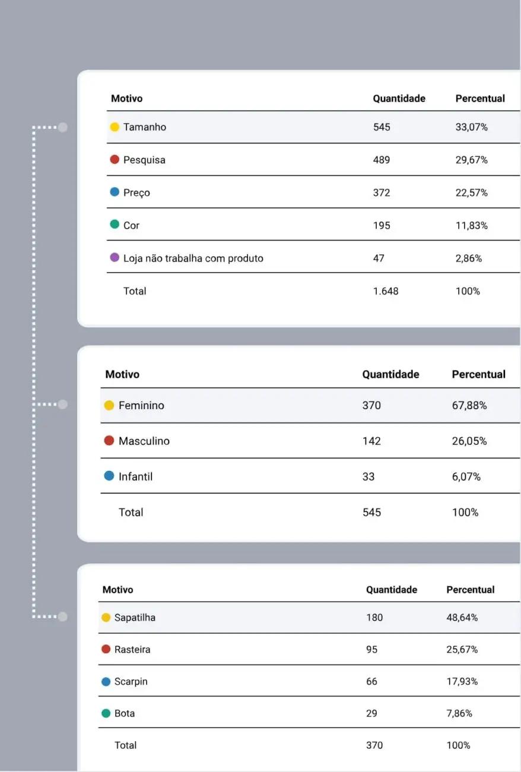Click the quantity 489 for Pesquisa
(x=382, y=160)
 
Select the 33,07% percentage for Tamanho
(x=472, y=127)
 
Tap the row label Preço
(x=136, y=192)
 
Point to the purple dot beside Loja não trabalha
(x=115, y=258)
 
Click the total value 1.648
(x=386, y=291)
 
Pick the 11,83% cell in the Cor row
(x=472, y=226)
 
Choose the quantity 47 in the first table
(x=379, y=258)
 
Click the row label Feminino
(x=141, y=406)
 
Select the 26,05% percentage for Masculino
(x=469, y=441)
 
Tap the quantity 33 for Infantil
(x=368, y=477)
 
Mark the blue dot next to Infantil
(x=109, y=476)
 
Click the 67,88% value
(x=469, y=406)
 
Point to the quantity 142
(x=371, y=441)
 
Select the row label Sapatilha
(x=135, y=618)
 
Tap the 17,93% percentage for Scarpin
(x=462, y=682)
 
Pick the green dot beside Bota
(x=106, y=713)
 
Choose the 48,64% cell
(x=462, y=618)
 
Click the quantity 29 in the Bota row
(x=371, y=713)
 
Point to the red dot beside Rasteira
(x=106, y=650)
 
